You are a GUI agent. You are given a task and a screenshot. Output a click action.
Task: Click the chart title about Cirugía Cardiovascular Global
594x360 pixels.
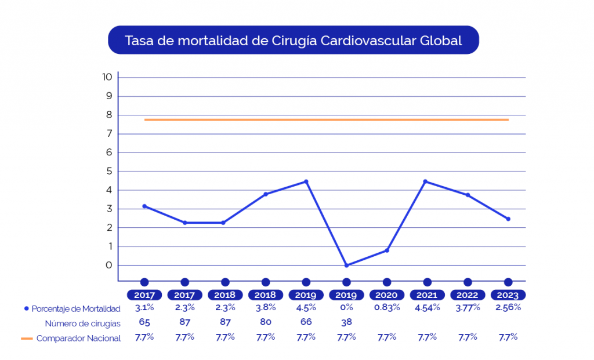[294, 41]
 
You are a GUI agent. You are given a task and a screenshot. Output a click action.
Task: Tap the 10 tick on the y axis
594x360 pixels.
[107, 77]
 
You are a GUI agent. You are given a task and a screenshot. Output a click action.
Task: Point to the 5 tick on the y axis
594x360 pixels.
[107, 172]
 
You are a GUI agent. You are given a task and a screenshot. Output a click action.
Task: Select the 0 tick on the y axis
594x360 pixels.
[107, 266]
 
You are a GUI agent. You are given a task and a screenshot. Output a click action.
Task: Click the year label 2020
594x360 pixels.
[387, 295]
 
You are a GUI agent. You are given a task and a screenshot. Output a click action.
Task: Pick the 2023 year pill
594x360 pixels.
[508, 295]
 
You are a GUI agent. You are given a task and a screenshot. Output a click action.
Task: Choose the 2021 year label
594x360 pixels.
[428, 295]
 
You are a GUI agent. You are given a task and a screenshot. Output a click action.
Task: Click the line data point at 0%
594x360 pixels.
[346, 266]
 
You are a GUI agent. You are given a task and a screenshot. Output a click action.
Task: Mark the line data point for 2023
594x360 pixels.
[508, 219]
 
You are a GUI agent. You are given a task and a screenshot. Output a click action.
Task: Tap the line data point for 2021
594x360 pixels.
[426, 181]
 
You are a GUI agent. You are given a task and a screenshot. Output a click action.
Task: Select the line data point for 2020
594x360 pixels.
[387, 250]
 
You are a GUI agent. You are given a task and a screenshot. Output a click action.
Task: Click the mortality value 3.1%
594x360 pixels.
[144, 308]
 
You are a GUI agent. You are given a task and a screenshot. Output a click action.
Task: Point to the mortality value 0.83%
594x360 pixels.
[387, 308]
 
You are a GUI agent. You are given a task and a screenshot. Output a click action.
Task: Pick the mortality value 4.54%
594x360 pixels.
[428, 308]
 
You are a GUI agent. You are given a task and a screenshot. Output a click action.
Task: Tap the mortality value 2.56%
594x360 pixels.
[508, 308]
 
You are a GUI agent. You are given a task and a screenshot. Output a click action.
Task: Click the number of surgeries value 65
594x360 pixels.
[144, 322]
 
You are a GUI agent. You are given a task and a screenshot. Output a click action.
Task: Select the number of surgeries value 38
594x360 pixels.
[346, 322]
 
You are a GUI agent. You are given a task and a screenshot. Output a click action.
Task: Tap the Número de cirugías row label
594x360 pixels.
[82, 323]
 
